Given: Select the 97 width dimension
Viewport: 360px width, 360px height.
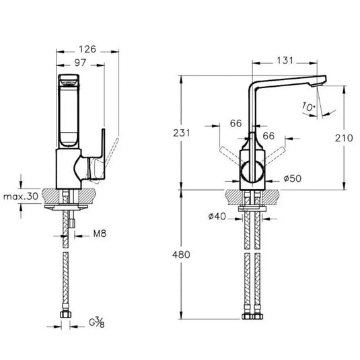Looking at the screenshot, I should (x=80, y=62).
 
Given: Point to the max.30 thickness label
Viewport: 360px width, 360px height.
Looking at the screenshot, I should (x=20, y=196).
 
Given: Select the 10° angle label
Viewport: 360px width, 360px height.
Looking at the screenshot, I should (x=308, y=106).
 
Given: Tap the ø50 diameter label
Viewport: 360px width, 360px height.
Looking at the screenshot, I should (x=292, y=178).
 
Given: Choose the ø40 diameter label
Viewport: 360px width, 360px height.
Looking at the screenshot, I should (x=217, y=216).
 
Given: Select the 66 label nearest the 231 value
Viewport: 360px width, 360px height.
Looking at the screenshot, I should (x=236, y=123).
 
